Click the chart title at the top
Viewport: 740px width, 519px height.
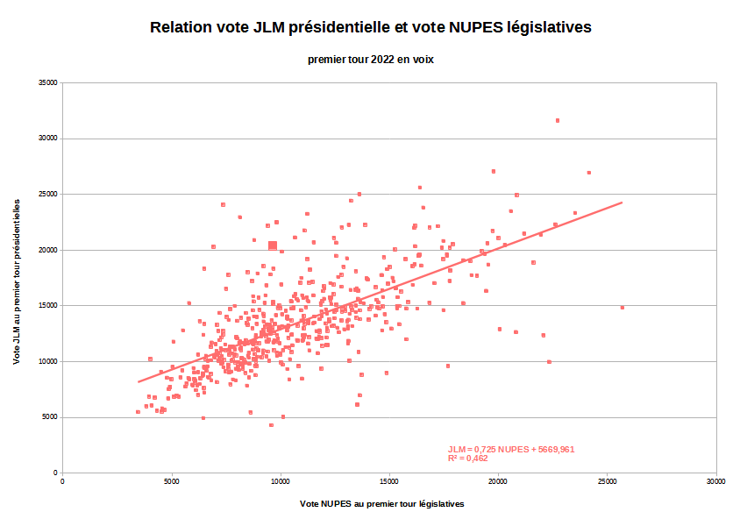(370, 27)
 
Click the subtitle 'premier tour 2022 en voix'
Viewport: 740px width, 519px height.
(370, 60)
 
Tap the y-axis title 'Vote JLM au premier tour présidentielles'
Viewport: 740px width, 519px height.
(18, 281)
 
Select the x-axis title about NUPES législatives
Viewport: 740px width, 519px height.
(381, 504)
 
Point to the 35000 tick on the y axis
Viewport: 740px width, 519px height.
(46, 82)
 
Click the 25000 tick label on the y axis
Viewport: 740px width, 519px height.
(46, 194)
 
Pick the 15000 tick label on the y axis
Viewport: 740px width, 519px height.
(46, 305)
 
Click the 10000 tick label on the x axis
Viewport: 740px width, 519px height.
(281, 481)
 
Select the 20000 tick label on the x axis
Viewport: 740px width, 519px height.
(498, 481)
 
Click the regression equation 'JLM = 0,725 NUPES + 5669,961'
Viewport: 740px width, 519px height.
(510, 450)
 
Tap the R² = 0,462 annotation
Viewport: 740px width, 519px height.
(467, 459)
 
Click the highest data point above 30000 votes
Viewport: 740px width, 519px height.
(557, 120)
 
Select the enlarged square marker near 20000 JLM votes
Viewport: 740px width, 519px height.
(273, 245)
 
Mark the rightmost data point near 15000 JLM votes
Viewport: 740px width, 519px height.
(622, 308)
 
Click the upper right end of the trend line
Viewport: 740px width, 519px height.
(621, 203)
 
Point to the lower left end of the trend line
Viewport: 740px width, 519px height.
(139, 381)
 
